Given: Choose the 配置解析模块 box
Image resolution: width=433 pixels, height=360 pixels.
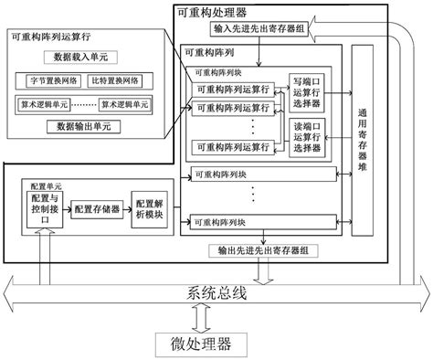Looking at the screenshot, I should (149, 209).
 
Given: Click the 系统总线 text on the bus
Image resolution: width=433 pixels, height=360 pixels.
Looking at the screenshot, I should (216, 295).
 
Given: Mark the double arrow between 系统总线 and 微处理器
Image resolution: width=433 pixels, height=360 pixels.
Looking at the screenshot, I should (216, 319).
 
